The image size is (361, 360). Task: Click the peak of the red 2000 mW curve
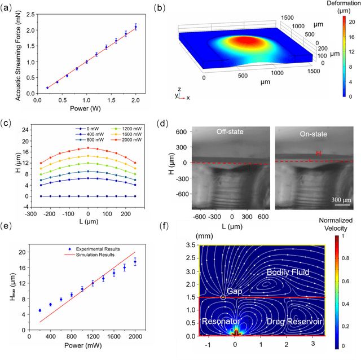point(88,148)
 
